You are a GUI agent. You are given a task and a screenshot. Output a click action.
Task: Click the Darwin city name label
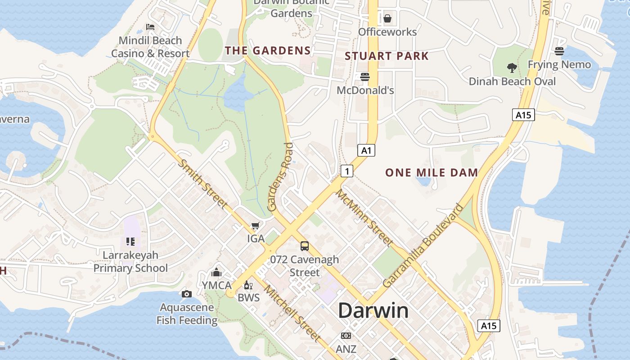pyautogui.click(x=373, y=310)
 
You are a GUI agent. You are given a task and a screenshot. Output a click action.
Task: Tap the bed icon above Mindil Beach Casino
pyautogui.click(x=150, y=27)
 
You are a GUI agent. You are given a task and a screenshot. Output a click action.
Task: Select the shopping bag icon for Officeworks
pyautogui.click(x=387, y=18)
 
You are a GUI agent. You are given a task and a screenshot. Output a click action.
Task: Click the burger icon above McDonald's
pyautogui.click(x=365, y=77)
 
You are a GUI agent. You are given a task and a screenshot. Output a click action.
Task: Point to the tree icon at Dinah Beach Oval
pyautogui.click(x=512, y=68)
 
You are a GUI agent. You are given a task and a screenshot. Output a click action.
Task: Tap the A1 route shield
pyautogui.click(x=366, y=150)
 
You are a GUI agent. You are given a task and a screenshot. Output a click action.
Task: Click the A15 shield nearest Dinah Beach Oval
pyautogui.click(x=523, y=115)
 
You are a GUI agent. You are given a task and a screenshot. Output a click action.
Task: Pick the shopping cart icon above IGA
pyautogui.click(x=256, y=225)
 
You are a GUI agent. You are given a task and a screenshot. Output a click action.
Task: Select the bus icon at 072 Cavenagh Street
pyautogui.click(x=305, y=246)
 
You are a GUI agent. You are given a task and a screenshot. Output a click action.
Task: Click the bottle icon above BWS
pyautogui.click(x=247, y=285)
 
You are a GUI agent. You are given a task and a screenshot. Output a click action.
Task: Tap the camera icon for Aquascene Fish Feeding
pyautogui.click(x=187, y=294)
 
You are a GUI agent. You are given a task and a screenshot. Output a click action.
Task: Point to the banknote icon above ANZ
pyautogui.click(x=346, y=336)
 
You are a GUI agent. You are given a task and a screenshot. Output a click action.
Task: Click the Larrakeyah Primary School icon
pyautogui.click(x=130, y=242)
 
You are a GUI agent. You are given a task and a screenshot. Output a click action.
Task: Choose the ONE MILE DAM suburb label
pyautogui.click(x=432, y=172)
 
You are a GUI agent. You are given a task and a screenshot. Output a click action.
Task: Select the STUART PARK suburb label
pyautogui.click(x=387, y=56)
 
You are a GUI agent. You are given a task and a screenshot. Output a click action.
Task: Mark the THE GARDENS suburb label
pyautogui.click(x=268, y=50)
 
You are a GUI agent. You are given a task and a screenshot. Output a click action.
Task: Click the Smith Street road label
pyautogui.click(x=203, y=184)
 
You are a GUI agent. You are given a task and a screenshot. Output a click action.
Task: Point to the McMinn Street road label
pyautogui.click(x=365, y=218)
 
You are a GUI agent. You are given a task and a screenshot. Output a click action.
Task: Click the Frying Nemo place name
pyautogui.click(x=559, y=64)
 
